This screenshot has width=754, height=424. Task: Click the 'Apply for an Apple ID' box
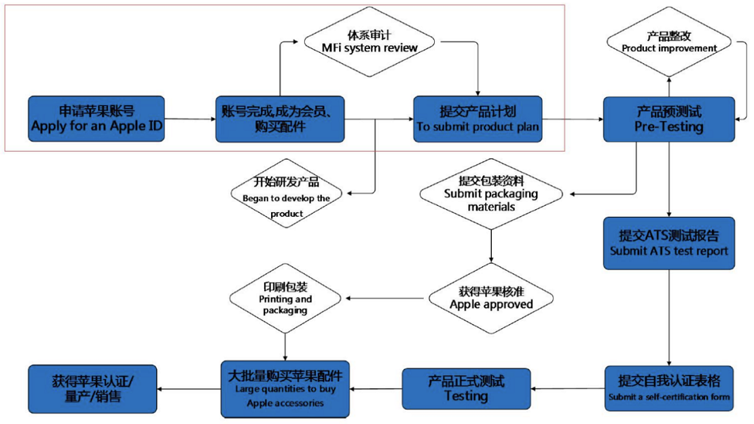click(x=96, y=119)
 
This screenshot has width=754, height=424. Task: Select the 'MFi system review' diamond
click(x=369, y=42)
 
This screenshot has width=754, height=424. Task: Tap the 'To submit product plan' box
click(x=478, y=119)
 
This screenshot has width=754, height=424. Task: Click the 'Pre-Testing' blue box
click(x=668, y=119)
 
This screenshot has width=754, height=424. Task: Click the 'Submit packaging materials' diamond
click(x=491, y=194)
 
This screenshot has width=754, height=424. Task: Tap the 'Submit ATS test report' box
click(x=668, y=243)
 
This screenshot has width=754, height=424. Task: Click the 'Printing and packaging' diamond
click(x=285, y=298)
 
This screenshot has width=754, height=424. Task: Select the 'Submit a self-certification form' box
click(x=669, y=388)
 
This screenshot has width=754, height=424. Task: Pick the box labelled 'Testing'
click(x=466, y=388)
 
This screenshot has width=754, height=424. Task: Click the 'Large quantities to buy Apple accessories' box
click(x=285, y=389)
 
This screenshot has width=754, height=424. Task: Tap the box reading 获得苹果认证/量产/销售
click(x=92, y=389)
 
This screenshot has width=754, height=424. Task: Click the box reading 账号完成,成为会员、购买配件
click(x=281, y=119)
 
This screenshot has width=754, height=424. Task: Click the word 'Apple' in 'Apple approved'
click(x=468, y=305)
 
